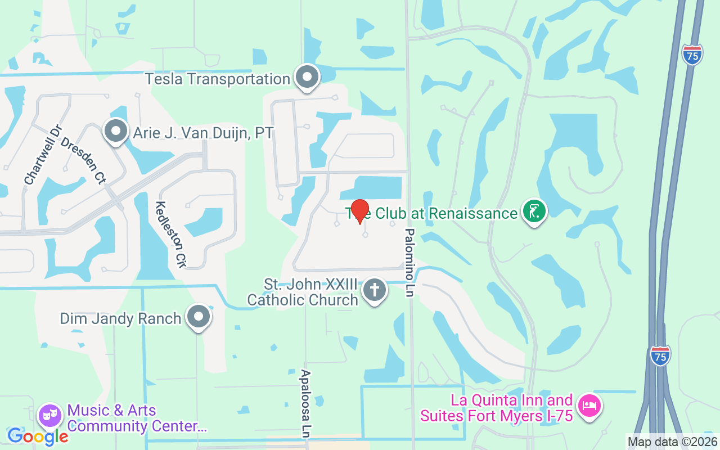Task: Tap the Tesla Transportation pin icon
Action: tap(307, 77)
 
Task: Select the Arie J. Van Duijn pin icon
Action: tap(116, 132)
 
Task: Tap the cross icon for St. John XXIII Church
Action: tap(375, 291)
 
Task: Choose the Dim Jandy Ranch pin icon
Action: tap(198, 317)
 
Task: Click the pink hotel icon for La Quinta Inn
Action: tap(589, 406)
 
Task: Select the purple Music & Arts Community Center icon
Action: tap(50, 416)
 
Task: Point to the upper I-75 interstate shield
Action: tap(692, 55)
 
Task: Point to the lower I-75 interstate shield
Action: tap(660, 355)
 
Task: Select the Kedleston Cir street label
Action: tap(170, 234)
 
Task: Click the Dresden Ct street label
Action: tap(83, 160)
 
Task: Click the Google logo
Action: tap(38, 436)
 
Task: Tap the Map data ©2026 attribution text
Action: tap(672, 442)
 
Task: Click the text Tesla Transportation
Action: tap(217, 79)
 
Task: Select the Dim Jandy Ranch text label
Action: tap(120, 318)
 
